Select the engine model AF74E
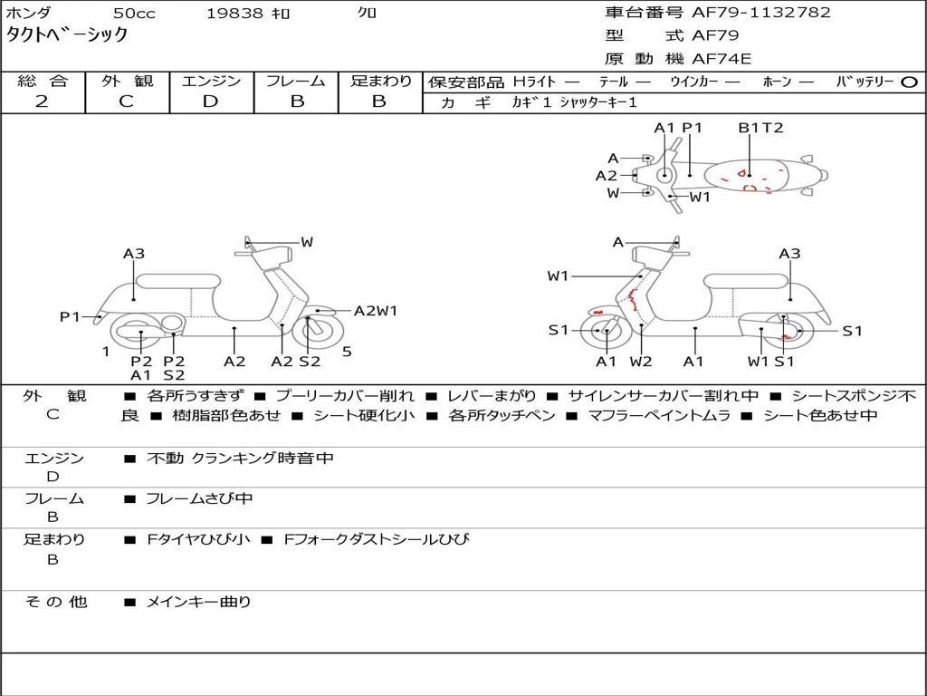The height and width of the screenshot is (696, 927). pos(722,60)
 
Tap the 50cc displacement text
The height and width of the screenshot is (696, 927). pos(134,13)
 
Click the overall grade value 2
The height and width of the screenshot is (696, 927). pos(43,101)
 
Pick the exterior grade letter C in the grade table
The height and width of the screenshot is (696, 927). pos(127,101)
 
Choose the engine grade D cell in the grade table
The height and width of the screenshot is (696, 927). pos(211,101)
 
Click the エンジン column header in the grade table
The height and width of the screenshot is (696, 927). pos(211,82)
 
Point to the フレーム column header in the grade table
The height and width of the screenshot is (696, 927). pos(296,82)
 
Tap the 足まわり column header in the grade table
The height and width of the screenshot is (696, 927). pos(380,82)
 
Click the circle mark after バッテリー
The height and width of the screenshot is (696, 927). pos(909,82)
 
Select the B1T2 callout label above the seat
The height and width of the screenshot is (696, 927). pos(760,128)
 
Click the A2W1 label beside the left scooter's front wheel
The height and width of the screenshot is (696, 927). pos(376,311)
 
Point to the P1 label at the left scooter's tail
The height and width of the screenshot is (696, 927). pos(71,316)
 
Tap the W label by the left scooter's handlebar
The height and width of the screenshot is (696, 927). pos(307,242)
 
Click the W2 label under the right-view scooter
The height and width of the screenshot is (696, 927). pos(641,362)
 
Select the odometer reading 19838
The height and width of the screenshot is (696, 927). pos(234,13)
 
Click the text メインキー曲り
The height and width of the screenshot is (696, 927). pos(199,602)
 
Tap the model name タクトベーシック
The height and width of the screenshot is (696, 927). pos(67,34)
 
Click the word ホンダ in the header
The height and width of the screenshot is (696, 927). pos(28,13)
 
